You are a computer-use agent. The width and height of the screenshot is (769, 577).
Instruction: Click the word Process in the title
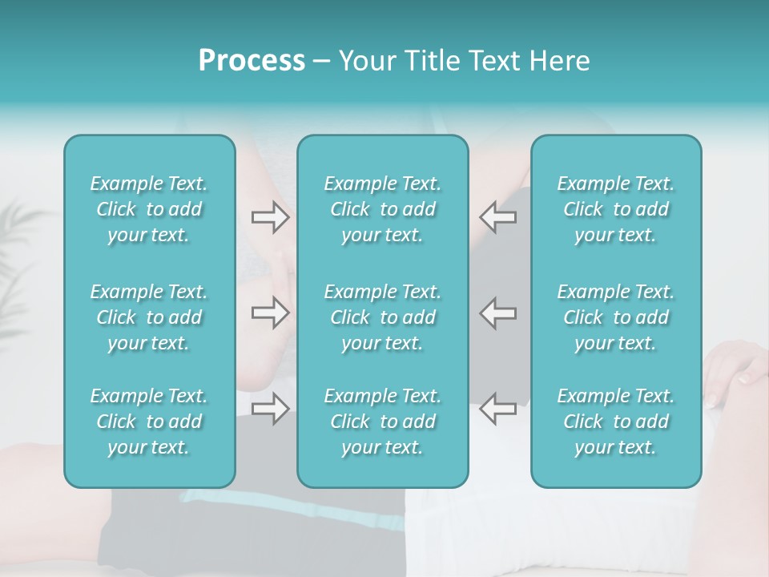tap(252, 61)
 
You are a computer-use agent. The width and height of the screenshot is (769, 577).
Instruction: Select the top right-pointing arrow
tap(270, 216)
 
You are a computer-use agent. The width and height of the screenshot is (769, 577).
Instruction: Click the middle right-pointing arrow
tap(270, 313)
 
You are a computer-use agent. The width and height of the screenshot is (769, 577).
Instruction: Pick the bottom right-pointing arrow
tap(270, 409)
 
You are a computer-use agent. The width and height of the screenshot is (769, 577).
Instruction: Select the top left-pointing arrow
tap(498, 216)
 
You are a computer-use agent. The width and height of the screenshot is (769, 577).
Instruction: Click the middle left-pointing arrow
tap(498, 313)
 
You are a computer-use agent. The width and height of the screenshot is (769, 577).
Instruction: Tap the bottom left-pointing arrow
tap(498, 409)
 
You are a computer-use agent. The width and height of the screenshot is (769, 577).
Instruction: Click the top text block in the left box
tap(149, 209)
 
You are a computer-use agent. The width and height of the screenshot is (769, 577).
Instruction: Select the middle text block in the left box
tap(149, 317)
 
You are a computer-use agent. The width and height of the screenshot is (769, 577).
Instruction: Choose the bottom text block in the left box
tap(149, 422)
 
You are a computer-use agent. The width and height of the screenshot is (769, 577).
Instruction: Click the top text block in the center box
tap(382, 209)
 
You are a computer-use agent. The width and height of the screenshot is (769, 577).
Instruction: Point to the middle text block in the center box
tap(382, 317)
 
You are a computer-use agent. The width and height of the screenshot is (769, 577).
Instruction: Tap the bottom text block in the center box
tap(382, 422)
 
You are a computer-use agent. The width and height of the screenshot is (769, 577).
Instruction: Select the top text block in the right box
tap(615, 209)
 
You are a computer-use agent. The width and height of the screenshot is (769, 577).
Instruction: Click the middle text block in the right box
tap(615, 317)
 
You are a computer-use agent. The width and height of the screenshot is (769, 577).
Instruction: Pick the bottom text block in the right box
tap(615, 422)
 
